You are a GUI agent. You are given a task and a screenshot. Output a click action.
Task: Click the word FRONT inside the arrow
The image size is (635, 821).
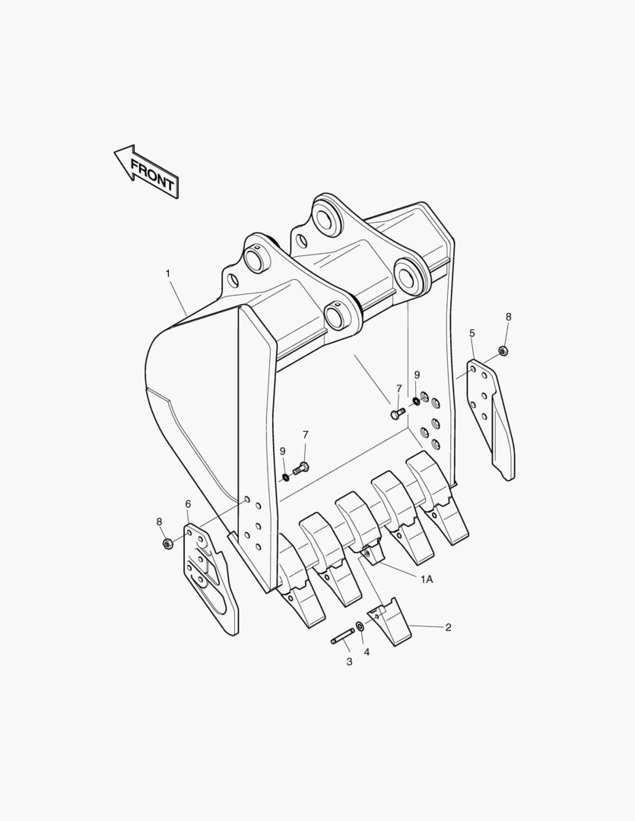point(152,174)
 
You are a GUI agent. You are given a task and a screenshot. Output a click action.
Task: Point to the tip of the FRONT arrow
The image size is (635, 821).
point(115,152)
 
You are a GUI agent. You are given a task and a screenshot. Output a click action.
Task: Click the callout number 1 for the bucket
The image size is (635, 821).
point(167,274)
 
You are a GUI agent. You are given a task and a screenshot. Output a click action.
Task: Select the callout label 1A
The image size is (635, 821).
point(427,579)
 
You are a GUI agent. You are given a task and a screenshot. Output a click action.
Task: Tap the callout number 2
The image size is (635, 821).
point(448,627)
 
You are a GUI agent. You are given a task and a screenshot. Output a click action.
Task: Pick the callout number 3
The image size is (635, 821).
point(350,662)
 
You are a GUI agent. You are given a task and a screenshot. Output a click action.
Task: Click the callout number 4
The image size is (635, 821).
point(367,652)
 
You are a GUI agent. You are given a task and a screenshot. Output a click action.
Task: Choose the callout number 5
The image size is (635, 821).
point(472,333)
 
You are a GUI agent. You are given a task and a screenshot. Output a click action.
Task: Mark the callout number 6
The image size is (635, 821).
point(188,504)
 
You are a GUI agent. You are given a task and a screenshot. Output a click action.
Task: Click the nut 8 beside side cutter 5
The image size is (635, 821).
point(503,350)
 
